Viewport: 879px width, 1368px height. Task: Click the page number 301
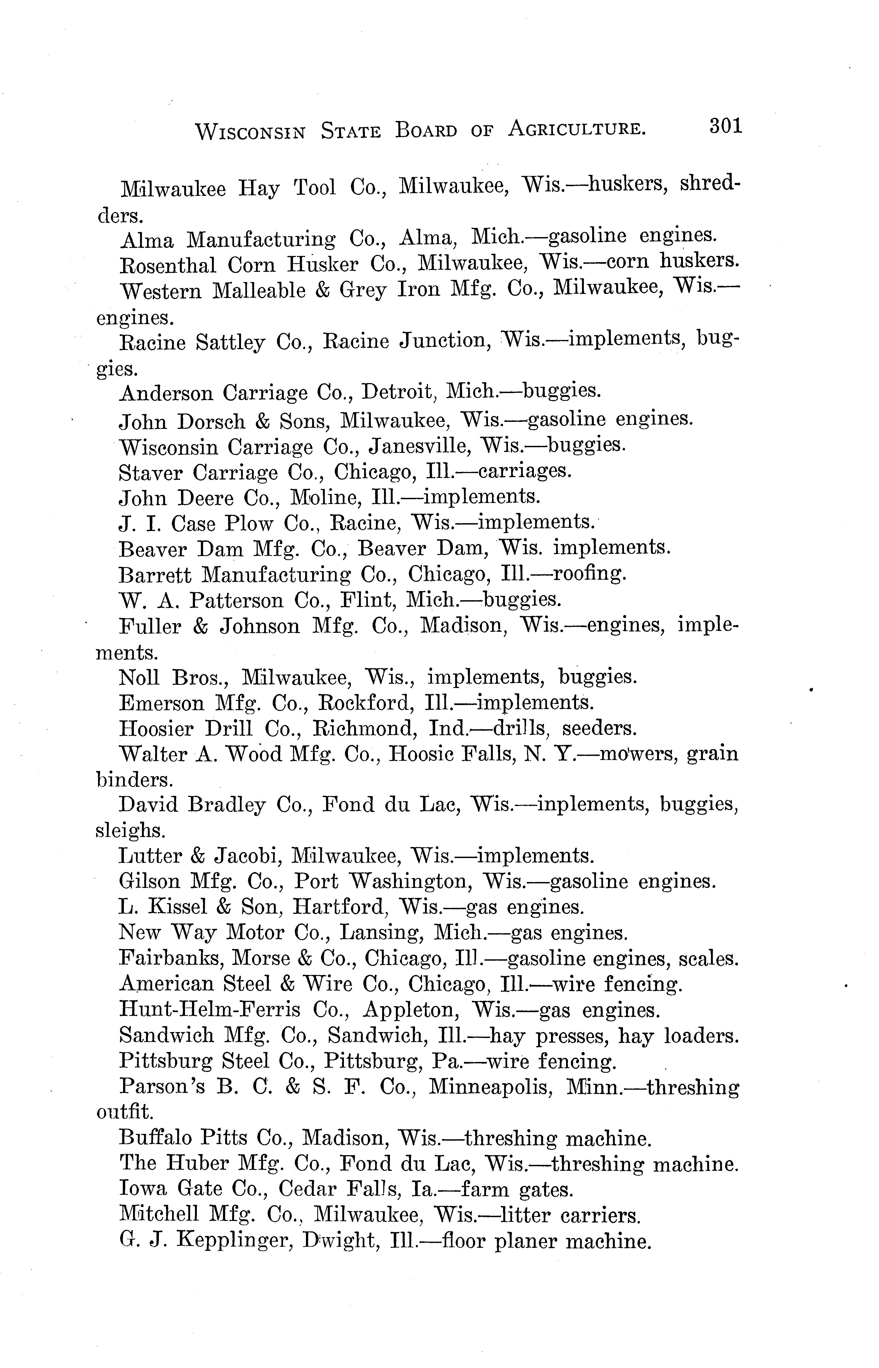pos(725,126)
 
